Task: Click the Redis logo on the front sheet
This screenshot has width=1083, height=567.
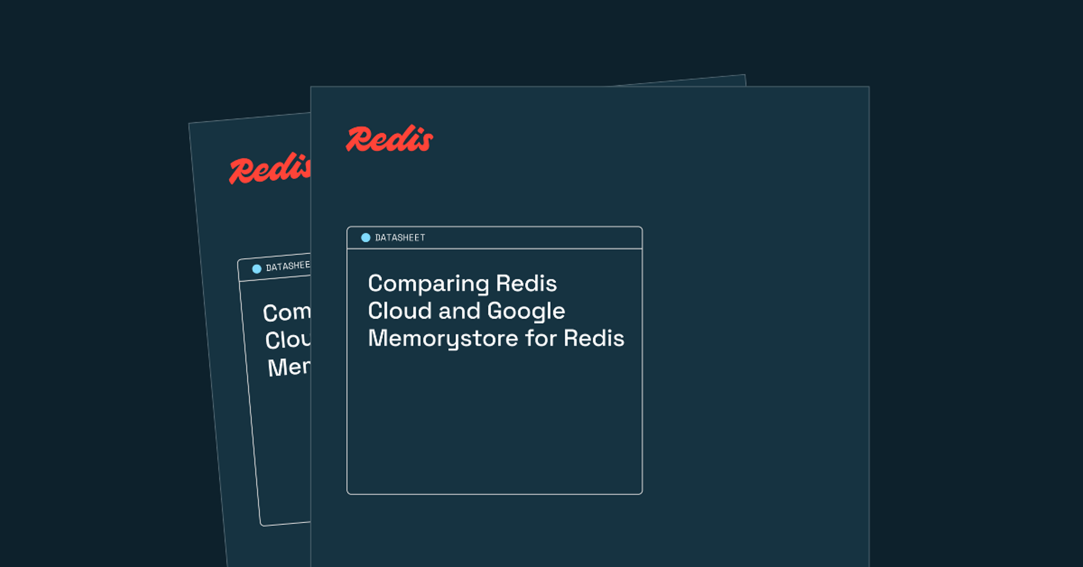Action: coord(389,139)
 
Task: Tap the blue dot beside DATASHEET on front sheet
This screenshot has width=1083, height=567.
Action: coord(365,238)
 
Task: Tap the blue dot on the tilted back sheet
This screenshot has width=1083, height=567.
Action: coord(256,269)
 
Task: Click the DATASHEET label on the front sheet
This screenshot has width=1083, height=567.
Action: coord(400,238)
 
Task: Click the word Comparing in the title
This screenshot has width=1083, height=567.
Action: coord(428,284)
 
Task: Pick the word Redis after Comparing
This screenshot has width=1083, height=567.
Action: coord(526,283)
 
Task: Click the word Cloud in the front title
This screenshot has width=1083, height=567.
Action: coord(399,311)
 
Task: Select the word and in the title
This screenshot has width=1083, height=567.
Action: coord(459,311)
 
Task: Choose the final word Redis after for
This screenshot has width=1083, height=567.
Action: coord(594,338)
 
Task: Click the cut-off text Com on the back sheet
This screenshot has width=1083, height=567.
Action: coord(286,313)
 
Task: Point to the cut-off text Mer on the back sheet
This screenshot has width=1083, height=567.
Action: coord(289,368)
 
